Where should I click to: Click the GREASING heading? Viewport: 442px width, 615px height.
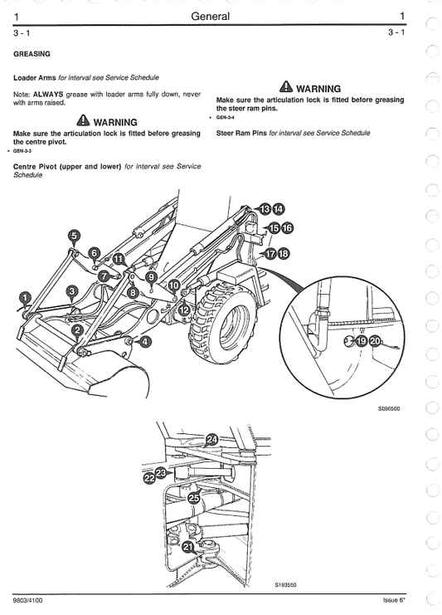pos(32,54)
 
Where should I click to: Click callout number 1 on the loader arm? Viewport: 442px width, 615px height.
pos(25,296)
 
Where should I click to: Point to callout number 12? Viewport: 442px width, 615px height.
pos(183,309)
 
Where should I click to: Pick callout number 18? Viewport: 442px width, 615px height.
pos(284,253)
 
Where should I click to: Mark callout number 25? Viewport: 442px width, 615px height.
pos(193,499)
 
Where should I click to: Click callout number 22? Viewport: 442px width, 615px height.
pos(149,478)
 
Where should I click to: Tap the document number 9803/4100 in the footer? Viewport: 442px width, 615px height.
pos(29,599)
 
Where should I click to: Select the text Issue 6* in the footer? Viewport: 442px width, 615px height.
pos(398,599)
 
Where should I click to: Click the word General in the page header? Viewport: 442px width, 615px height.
pos(210,16)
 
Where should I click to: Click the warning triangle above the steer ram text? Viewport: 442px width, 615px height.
pos(286,87)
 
